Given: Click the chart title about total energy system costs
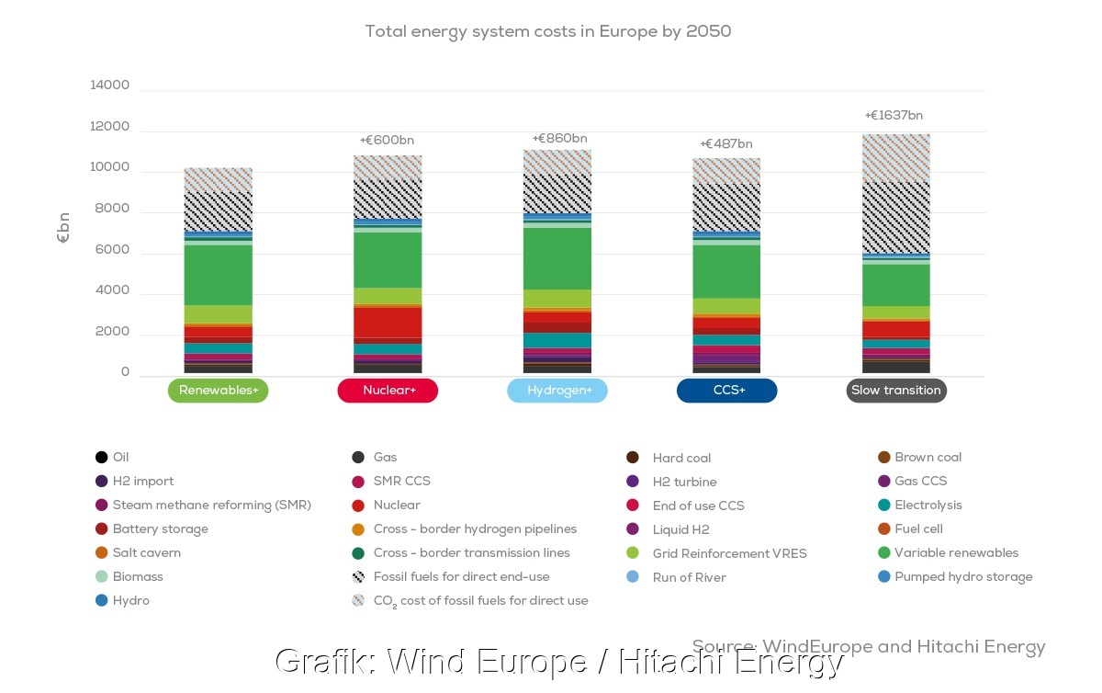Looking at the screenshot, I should [x=547, y=31].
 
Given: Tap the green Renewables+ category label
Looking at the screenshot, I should [x=219, y=391].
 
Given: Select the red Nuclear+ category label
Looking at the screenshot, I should [x=388, y=391].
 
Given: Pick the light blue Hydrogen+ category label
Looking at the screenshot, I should [x=557, y=391].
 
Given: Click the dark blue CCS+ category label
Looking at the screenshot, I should [x=727, y=391].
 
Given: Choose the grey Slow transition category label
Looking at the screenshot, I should [x=896, y=391].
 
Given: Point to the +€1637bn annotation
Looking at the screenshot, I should [x=894, y=116].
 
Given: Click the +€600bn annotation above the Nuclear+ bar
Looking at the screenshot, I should [x=387, y=141].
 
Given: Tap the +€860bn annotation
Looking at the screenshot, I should [x=559, y=139].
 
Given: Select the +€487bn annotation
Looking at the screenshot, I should [x=725, y=144].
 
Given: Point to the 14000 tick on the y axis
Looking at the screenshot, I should [x=110, y=85].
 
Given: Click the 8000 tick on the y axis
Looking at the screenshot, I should [x=114, y=209].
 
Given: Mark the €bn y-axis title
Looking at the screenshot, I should [x=63, y=227].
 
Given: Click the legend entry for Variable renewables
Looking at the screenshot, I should [x=956, y=552].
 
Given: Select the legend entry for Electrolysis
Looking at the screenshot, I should [x=928, y=505].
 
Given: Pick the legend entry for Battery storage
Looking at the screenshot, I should [x=160, y=528].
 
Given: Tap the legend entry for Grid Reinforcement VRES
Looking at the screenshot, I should [x=729, y=553].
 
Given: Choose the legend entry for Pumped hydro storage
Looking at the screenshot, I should [x=963, y=576].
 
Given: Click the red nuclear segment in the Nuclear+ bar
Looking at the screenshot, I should [x=388, y=322].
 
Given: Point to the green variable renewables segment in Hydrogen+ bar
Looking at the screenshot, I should [x=557, y=258].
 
